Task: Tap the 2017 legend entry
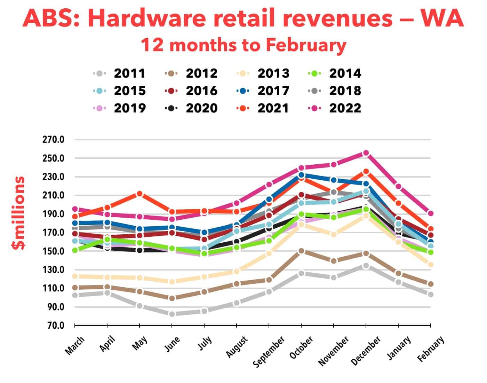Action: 263,91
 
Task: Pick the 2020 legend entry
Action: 191,108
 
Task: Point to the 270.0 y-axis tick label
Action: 53,140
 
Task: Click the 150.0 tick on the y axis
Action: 53,251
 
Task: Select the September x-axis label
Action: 269,352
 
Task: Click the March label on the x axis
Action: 74,345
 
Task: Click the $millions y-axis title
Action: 18,213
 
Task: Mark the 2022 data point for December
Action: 366,153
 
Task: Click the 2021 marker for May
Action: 139,194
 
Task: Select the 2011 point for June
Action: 172,314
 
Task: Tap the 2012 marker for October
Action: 301,251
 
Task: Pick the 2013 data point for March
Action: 75,276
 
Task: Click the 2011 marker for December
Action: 366,266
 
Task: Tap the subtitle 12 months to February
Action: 243,45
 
